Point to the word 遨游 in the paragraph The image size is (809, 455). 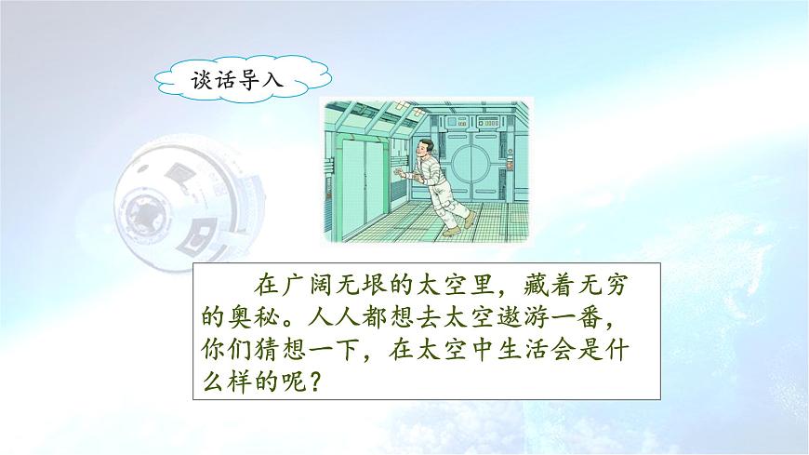[521, 318]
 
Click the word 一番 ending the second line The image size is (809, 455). [588, 318]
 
